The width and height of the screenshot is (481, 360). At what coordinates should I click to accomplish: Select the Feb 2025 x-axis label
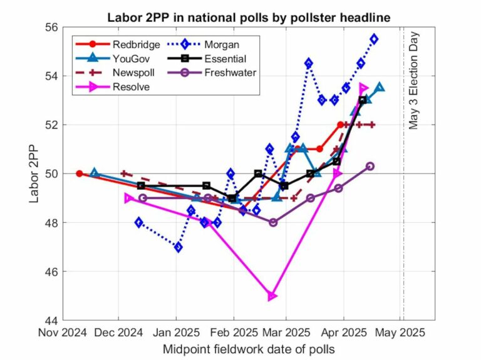pos(232,332)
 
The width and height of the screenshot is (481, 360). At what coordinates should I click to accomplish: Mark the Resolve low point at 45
pos(272,296)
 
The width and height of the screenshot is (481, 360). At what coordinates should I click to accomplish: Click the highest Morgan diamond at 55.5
pos(374,39)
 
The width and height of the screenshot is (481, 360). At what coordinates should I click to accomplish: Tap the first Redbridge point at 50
pos(80,173)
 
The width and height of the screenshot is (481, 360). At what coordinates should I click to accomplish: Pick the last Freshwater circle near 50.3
pos(370,166)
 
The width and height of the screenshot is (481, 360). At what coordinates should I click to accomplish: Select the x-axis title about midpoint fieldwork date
pos(249,349)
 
